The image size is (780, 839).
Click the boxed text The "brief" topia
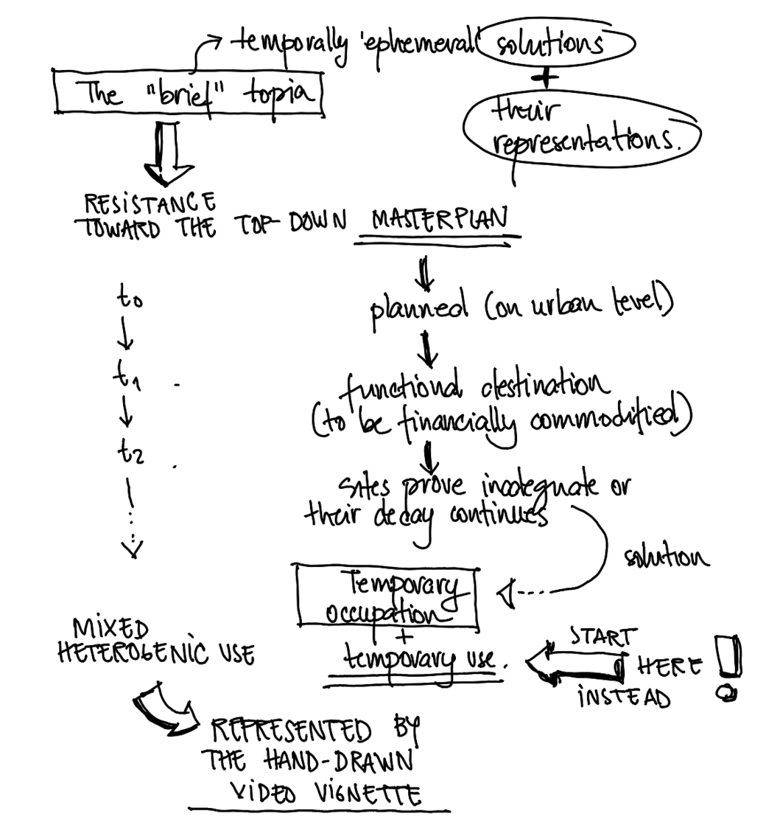tap(189, 93)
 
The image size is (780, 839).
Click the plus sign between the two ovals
tap(550, 77)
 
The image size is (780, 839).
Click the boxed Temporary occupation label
tap(387, 598)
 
